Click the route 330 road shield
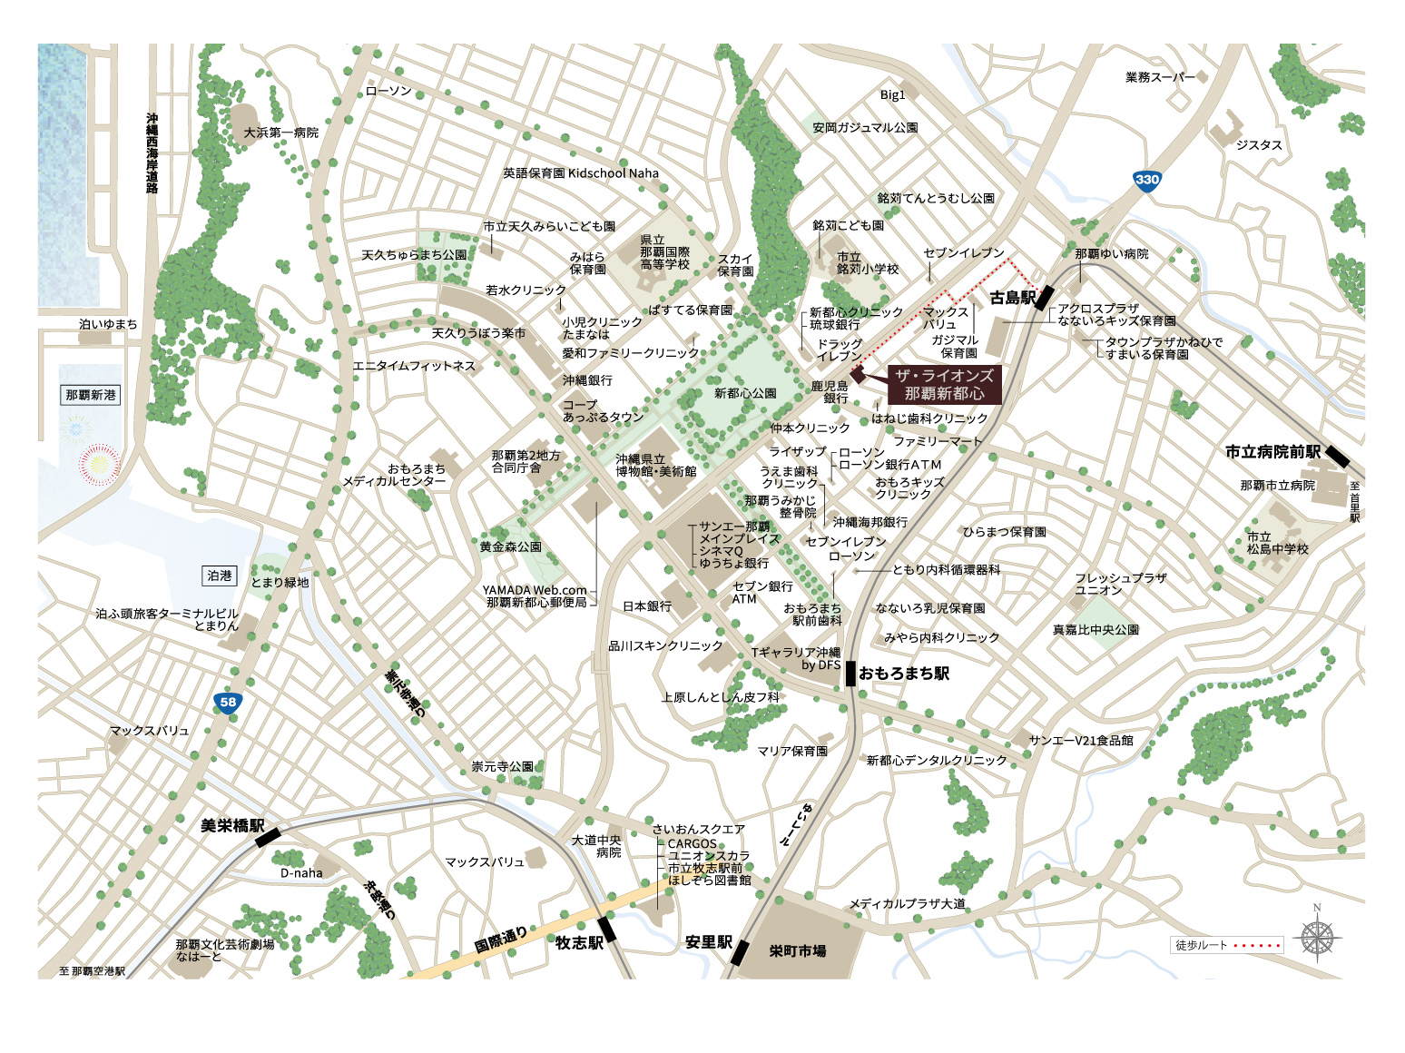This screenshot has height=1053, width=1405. tap(1147, 180)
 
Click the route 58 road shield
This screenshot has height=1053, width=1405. tap(227, 702)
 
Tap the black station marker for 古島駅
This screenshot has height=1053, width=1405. tap(1044, 298)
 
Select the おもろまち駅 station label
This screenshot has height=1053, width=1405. tap(903, 674)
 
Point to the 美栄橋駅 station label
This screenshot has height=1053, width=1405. tap(232, 826)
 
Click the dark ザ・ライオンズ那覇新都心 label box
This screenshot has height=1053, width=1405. tap(944, 385)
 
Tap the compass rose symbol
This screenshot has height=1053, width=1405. tap(1317, 938)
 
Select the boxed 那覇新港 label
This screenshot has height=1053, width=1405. tap(91, 395)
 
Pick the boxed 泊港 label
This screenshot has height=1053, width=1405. tap(220, 576)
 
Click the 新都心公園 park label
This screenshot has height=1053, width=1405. tap(745, 393)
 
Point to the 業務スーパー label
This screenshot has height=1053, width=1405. tap(1160, 77)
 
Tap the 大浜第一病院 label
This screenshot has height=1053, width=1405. tap(280, 133)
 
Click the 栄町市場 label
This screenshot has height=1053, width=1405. tap(797, 950)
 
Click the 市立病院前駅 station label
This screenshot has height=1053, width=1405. tap(1272, 451)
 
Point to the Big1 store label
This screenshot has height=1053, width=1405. tap(892, 94)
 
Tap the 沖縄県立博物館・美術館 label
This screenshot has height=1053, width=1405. tap(655, 465)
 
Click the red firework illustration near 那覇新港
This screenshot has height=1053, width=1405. tap(100, 465)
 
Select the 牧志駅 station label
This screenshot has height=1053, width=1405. tap(579, 943)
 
